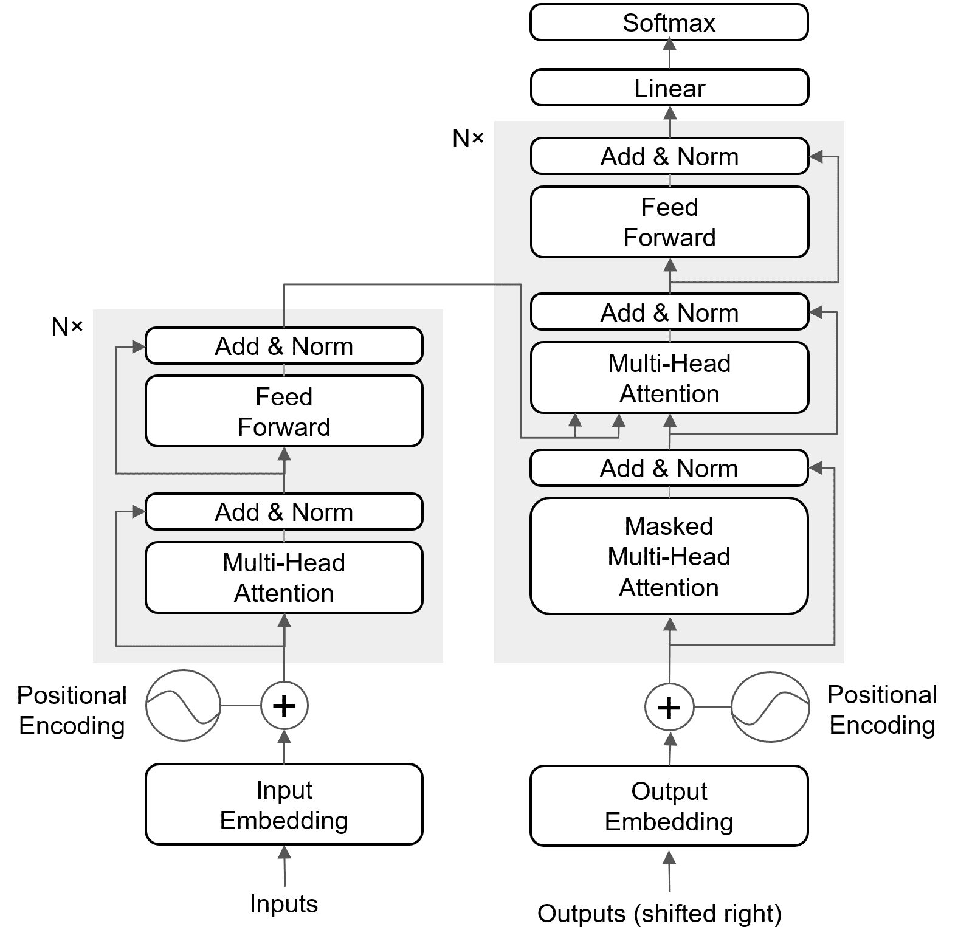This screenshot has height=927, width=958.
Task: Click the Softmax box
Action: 669,23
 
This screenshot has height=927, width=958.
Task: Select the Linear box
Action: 669,88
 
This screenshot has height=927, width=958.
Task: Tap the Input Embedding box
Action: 284,804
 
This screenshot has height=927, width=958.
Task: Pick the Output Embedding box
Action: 669,806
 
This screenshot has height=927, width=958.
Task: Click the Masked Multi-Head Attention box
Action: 669,556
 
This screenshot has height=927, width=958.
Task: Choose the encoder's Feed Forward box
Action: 284,412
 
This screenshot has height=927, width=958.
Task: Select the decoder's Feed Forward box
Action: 669,222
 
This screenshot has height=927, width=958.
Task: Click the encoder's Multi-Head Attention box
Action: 284,577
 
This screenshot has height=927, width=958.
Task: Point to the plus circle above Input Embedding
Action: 284,706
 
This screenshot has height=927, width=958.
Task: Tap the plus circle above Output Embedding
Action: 669,707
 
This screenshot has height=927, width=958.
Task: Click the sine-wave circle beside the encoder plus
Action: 183,706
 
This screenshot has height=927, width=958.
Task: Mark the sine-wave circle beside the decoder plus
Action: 770,707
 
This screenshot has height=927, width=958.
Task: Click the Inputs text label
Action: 284,904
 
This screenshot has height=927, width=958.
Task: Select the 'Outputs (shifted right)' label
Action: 660,914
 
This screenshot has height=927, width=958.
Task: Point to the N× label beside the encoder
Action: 67,327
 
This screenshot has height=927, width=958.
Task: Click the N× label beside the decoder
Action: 468,139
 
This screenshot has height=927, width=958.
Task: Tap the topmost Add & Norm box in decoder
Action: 669,157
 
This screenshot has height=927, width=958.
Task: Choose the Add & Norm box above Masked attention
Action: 669,469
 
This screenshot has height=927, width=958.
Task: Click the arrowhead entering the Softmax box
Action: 669,44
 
